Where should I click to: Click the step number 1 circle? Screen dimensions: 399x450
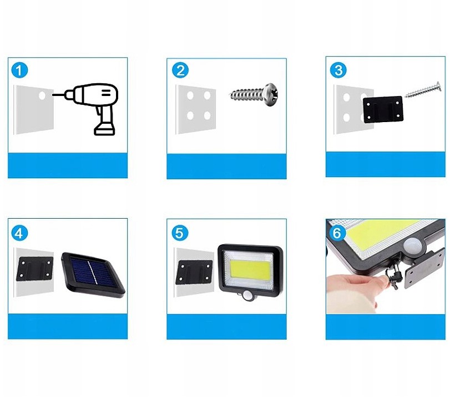coord(20,71)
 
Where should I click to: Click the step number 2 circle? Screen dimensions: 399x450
coord(180,70)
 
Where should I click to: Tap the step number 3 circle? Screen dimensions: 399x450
coord(338,70)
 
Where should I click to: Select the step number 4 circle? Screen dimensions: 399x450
coord(20,233)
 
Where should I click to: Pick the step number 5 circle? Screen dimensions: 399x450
coord(179,233)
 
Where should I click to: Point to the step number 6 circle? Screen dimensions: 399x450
coord(337,233)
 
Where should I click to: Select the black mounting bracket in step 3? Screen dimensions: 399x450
coord(382,109)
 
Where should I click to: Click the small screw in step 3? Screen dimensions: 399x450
coord(422,89)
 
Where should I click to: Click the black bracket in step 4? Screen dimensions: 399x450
coord(34,269)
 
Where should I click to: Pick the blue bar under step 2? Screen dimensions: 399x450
coord(226,165)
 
